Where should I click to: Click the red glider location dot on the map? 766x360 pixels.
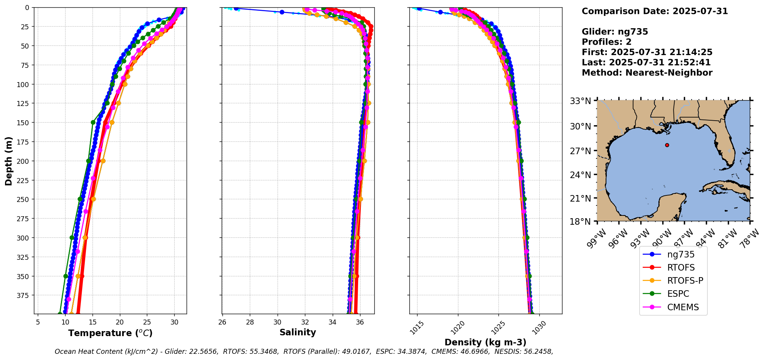(667, 145)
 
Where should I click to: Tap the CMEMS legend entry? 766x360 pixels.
(683, 307)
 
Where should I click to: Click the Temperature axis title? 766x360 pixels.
(110, 333)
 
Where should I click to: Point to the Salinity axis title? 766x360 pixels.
(298, 332)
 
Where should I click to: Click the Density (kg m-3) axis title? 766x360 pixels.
(485, 342)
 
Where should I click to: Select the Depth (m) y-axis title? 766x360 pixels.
(8, 161)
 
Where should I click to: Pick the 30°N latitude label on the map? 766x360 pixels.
(580, 126)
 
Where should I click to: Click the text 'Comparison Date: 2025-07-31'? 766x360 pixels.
(655, 11)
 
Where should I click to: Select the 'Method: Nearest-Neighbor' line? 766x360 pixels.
(647, 72)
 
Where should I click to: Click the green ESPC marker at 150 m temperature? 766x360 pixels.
(93, 123)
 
